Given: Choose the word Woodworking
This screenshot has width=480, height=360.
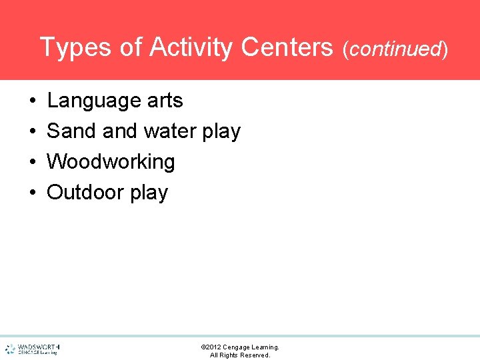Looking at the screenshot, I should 111,162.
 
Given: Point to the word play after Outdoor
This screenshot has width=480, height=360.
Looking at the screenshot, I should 149,193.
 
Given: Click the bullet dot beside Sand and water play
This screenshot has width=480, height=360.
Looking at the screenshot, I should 33,132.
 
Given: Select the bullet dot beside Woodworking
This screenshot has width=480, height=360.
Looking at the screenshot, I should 33,163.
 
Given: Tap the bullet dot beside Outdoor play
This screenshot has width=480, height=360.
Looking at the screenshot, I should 33,193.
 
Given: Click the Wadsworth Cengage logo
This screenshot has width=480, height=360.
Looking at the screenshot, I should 32,349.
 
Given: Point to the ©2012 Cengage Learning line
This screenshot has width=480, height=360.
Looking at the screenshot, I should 240,347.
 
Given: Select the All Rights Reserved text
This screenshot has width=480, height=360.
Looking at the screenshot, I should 240,355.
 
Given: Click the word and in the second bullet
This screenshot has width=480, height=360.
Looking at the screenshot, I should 119,131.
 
